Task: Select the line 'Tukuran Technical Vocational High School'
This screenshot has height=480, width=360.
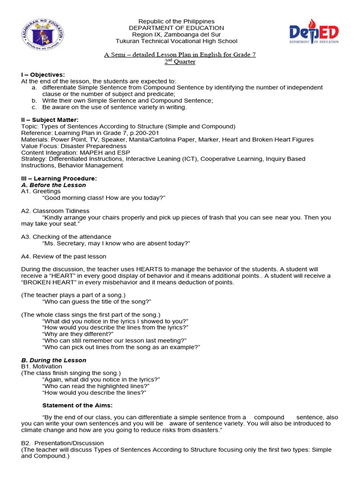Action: click(x=176, y=41)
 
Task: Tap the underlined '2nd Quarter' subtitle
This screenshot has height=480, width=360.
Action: click(x=180, y=62)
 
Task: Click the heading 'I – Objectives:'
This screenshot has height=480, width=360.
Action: click(x=43, y=75)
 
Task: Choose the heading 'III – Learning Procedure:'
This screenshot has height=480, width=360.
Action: click(x=59, y=179)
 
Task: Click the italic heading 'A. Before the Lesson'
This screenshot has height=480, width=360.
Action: click(x=53, y=185)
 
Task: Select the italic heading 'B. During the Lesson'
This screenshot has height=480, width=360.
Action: click(x=54, y=360)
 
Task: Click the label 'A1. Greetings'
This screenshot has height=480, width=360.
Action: click(x=41, y=191)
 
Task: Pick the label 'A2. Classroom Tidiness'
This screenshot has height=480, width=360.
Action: click(x=55, y=211)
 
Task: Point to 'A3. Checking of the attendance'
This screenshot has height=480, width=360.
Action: click(x=66, y=237)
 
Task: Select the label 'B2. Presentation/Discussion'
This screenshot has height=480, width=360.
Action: click(x=63, y=443)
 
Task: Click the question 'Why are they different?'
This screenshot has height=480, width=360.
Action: click(x=78, y=334)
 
